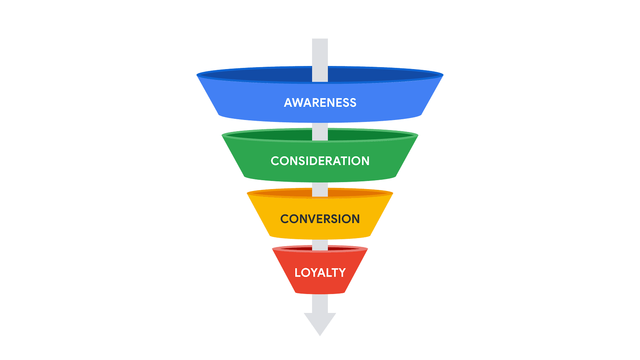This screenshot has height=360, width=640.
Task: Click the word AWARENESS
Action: click(x=320, y=103)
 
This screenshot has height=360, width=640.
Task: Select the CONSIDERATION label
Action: click(x=320, y=161)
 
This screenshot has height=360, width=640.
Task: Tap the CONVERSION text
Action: click(x=320, y=219)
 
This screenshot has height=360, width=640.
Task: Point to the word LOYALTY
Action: click(x=320, y=272)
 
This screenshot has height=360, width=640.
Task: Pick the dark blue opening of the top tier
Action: click(x=262, y=75)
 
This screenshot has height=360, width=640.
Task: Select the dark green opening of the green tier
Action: click(x=270, y=135)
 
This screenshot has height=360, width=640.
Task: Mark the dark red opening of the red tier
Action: click(x=297, y=249)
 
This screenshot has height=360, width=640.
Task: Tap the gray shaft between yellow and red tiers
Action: click(x=320, y=244)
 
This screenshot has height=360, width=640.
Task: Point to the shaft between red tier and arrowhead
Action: click(x=320, y=303)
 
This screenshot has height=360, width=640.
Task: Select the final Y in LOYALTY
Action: click(x=342, y=272)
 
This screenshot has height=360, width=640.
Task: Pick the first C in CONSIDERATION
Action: click(x=275, y=161)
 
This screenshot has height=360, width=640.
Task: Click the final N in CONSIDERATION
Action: click(x=365, y=161)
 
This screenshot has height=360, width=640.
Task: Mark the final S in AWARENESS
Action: click(x=353, y=103)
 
